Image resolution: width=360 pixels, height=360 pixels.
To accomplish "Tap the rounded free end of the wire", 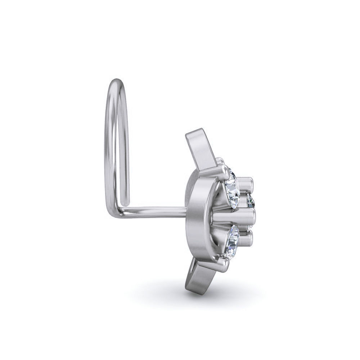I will pos(125,197).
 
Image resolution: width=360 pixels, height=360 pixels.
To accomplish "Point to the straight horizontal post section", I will pos(155,210).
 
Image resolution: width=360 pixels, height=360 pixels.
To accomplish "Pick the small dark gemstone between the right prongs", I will pos(251,202).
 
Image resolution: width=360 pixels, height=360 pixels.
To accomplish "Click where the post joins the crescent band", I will pos(186,211).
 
